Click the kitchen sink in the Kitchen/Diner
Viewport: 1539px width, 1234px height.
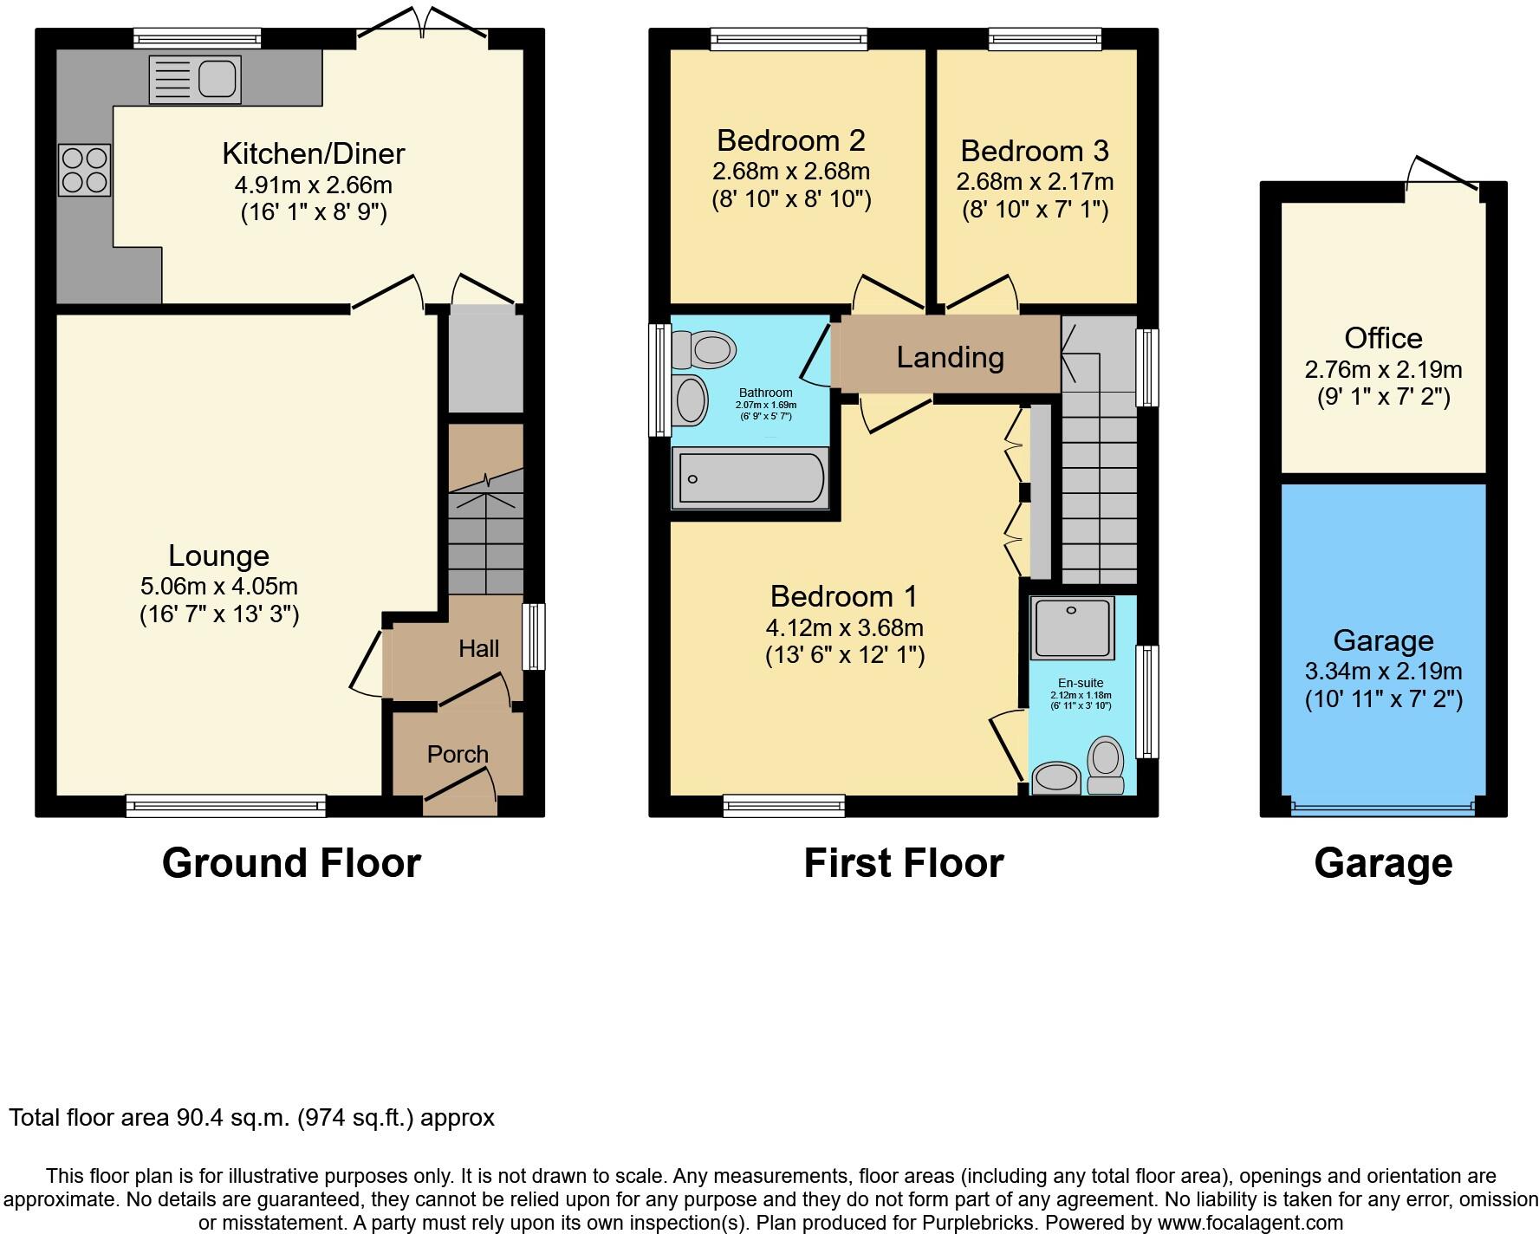(196, 79)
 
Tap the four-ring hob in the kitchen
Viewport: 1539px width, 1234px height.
(85, 170)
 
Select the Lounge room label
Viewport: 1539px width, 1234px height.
(218, 555)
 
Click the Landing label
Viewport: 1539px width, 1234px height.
(950, 357)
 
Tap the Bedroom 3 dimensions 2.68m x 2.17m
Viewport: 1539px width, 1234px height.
(1035, 182)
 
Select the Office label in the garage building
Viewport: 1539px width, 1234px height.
(1383, 338)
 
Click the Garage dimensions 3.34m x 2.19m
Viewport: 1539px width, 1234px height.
(1383, 671)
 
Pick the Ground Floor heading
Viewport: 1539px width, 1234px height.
(291, 863)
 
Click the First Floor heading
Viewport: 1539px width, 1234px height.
(903, 863)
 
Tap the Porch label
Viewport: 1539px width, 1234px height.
(458, 754)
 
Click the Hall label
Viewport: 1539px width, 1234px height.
(478, 648)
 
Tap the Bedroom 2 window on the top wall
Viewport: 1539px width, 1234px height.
(789, 38)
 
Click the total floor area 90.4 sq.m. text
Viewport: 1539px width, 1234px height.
(251, 1118)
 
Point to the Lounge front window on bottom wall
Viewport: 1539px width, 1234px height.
(226, 806)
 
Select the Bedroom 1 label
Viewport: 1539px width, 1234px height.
(843, 596)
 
